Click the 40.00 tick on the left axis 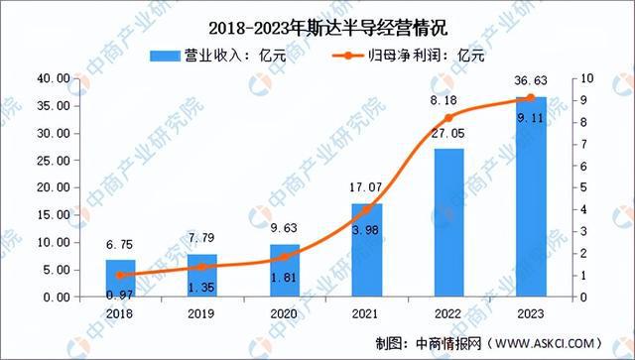pyautogui.click(x=50, y=78)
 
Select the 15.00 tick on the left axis pyautogui.click(x=50, y=215)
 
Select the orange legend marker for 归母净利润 pyautogui.click(x=357, y=54)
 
